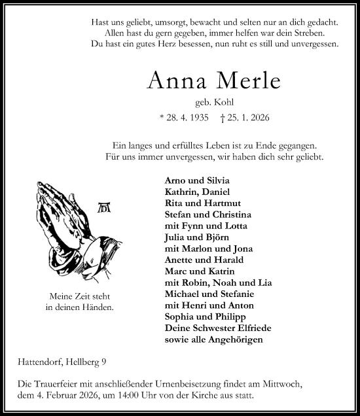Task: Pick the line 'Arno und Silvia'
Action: (x=197, y=181)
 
